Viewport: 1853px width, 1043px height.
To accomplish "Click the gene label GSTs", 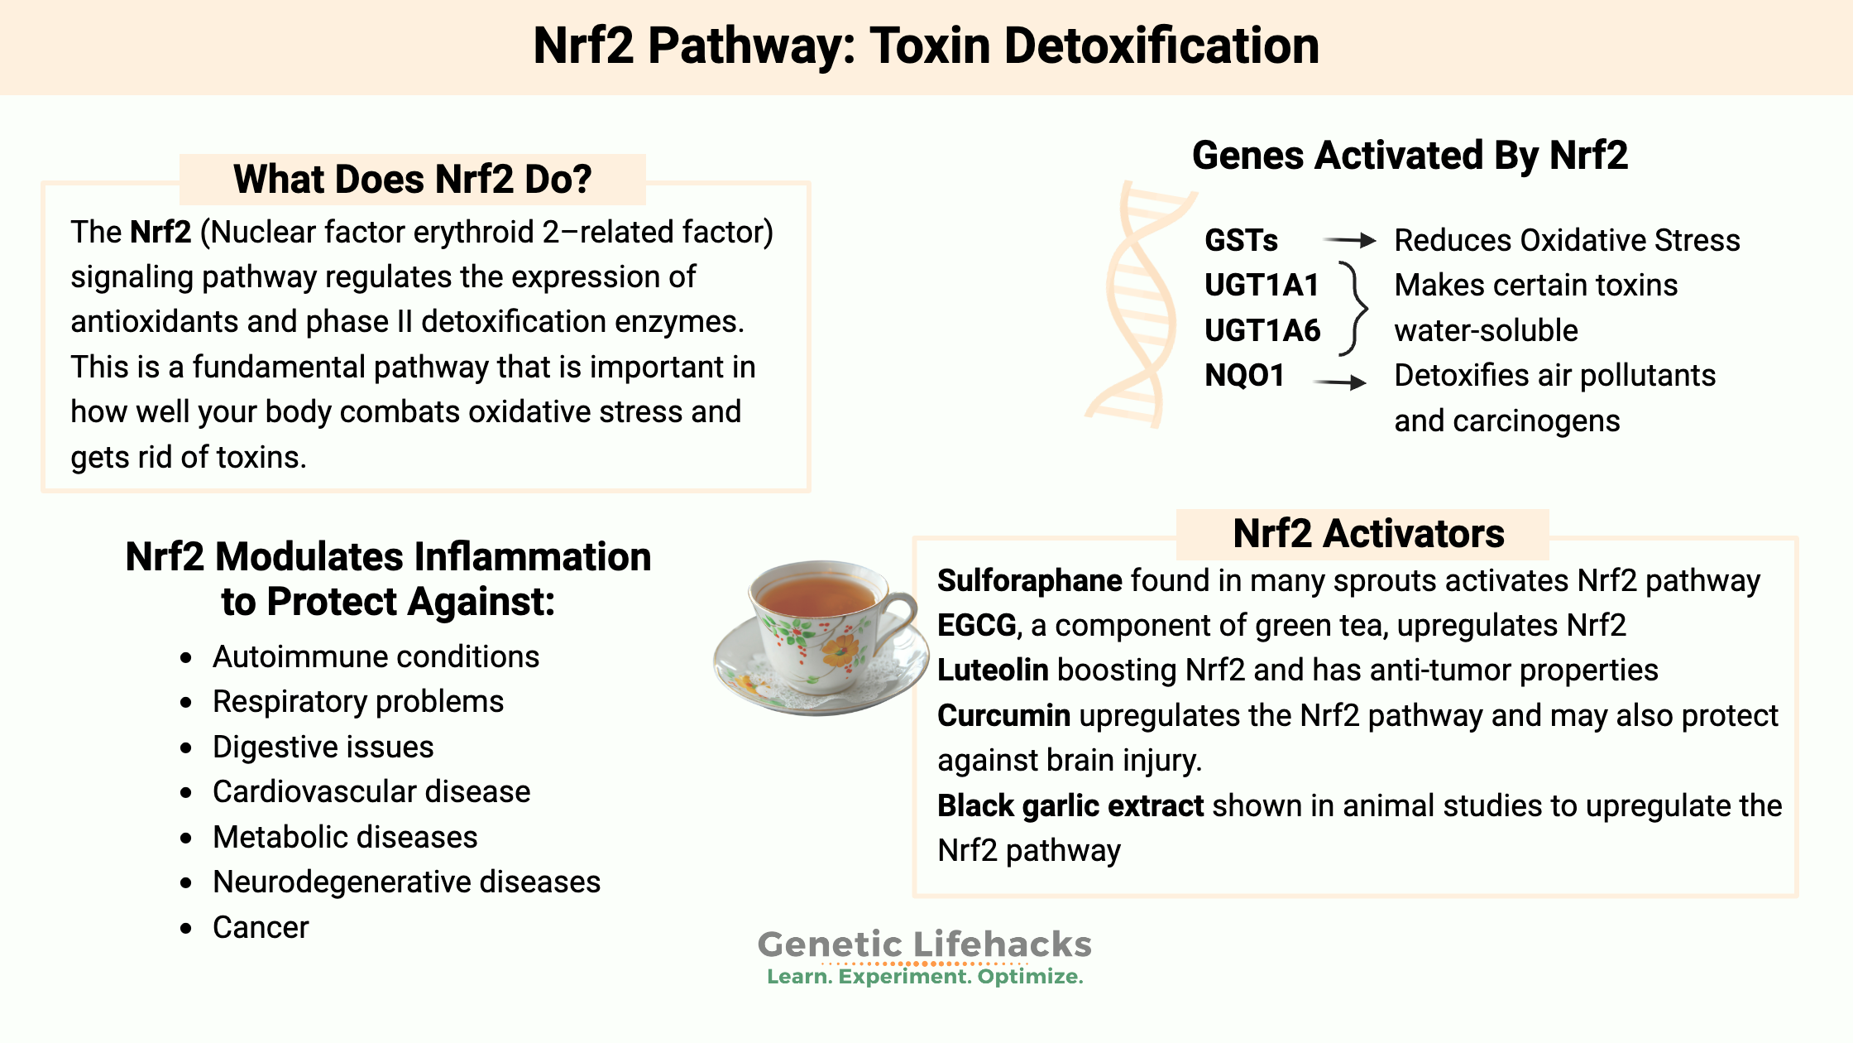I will click(1241, 241).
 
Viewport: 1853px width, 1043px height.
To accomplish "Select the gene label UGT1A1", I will click(1262, 286).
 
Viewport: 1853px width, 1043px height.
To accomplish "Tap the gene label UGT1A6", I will click(1262, 330).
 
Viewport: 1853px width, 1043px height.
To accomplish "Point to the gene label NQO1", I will click(1244, 376).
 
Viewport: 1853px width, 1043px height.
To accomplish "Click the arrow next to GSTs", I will click(1349, 241).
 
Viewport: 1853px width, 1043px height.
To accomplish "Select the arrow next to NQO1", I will click(1340, 382).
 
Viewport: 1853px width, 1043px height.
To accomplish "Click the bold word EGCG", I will click(976, 626).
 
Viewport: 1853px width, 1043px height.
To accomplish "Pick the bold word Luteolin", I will click(993, 670).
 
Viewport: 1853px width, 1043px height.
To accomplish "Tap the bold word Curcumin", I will click(1003, 716).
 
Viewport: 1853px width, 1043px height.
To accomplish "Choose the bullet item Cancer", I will click(261, 928).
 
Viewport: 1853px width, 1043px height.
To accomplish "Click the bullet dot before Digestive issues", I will click(186, 748).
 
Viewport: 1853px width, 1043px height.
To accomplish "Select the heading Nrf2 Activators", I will click(1368, 534).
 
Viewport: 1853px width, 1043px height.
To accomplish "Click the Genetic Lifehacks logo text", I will click(925, 944).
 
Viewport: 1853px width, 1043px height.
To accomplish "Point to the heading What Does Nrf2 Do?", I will click(412, 180).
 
